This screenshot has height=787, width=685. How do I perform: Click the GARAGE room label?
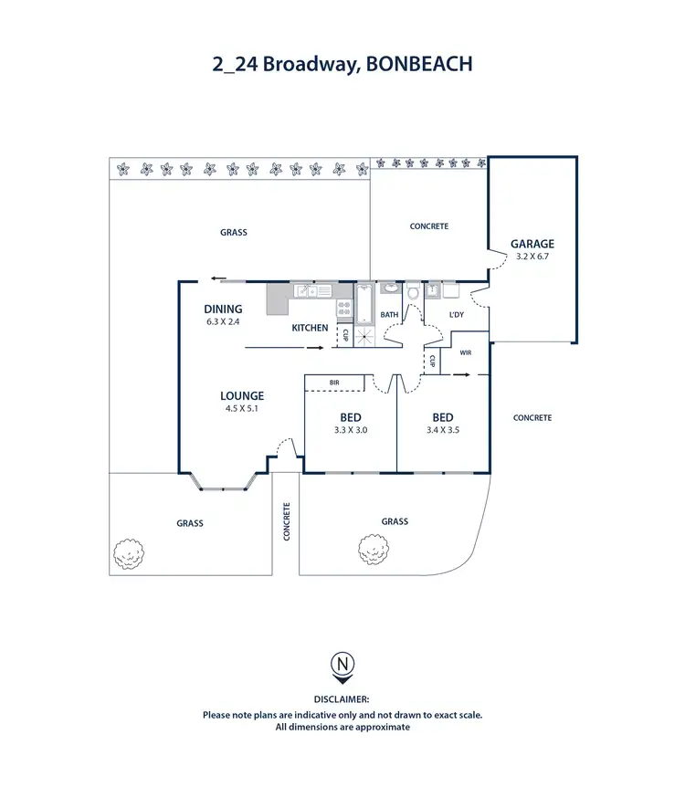click(532, 244)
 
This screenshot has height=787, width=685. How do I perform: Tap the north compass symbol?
click(342, 665)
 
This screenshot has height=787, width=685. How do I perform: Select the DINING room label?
click(223, 310)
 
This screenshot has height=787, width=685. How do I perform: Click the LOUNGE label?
click(242, 395)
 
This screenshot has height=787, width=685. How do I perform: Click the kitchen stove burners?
click(344, 309)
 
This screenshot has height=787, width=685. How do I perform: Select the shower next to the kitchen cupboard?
click(364, 337)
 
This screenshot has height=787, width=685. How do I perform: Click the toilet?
click(413, 292)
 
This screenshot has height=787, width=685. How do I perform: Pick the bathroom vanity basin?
click(390, 289)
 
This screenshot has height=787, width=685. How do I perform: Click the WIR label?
click(466, 352)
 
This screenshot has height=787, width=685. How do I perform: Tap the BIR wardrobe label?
click(334, 382)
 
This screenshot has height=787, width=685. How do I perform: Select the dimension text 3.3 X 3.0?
click(351, 430)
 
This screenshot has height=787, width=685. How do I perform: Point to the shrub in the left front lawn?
click(129, 552)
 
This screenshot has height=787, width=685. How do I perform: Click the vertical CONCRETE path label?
click(287, 521)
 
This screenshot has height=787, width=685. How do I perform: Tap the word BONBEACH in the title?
click(427, 64)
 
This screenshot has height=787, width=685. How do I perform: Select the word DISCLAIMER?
click(342, 700)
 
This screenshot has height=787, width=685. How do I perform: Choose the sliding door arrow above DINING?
click(217, 279)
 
